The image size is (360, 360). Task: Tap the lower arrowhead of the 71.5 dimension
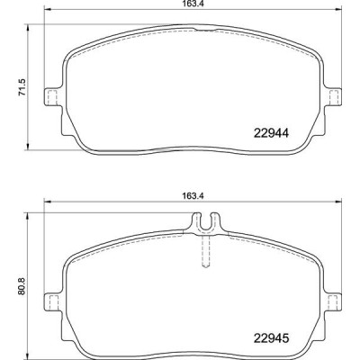[x=31, y=147]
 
